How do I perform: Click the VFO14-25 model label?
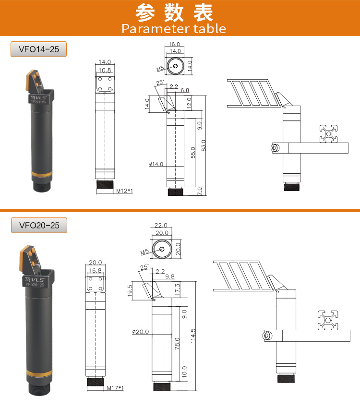(x=39, y=49)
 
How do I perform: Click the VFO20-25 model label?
(x=39, y=225)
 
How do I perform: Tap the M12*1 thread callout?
(x=124, y=191)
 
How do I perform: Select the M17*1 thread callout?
(x=115, y=388)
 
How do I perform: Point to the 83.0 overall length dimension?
(x=204, y=145)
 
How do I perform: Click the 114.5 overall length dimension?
(x=193, y=336)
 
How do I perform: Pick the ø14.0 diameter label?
(x=156, y=164)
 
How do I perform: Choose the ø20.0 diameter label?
(x=141, y=332)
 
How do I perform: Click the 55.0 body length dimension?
(x=193, y=153)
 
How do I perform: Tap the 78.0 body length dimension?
(x=177, y=344)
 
